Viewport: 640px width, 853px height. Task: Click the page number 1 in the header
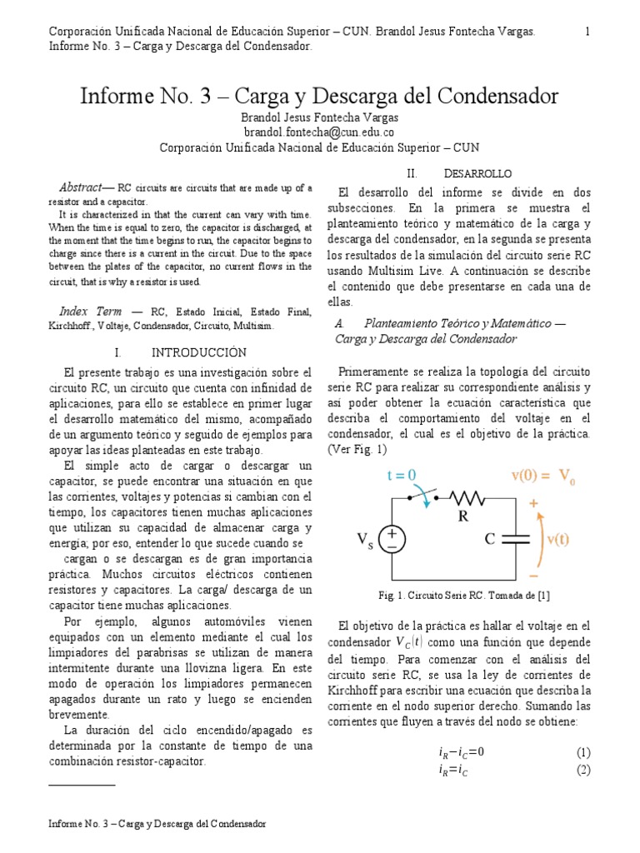point(587,32)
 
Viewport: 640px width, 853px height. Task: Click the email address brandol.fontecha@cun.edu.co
point(319,132)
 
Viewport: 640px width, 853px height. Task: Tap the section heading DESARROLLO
point(478,174)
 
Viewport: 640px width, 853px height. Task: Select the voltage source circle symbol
point(392,540)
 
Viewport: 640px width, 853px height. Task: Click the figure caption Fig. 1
point(463,595)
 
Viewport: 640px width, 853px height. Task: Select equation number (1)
point(583,752)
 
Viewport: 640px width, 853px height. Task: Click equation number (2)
point(583,770)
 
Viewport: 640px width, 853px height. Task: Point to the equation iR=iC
point(455,771)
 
